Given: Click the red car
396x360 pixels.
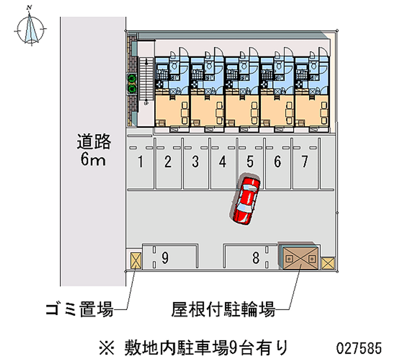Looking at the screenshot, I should tap(247, 199).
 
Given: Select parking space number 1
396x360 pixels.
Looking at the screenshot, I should tap(141, 161).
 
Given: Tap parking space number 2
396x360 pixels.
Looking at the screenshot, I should tap(168, 161).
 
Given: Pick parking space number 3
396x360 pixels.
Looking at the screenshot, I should tap(196, 161).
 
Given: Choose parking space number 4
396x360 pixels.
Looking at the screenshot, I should tap(223, 161).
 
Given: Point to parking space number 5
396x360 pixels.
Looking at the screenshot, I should tap(250, 161).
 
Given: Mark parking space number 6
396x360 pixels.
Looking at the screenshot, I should tap(278, 161).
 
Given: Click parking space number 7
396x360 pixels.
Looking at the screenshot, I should tap(305, 161).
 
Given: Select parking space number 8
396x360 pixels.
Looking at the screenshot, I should tap(255, 257).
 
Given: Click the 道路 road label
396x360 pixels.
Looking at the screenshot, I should tap(94, 142).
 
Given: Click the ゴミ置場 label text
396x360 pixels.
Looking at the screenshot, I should tap(79, 310).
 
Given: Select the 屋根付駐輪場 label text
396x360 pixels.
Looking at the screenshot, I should tap(223, 310).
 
